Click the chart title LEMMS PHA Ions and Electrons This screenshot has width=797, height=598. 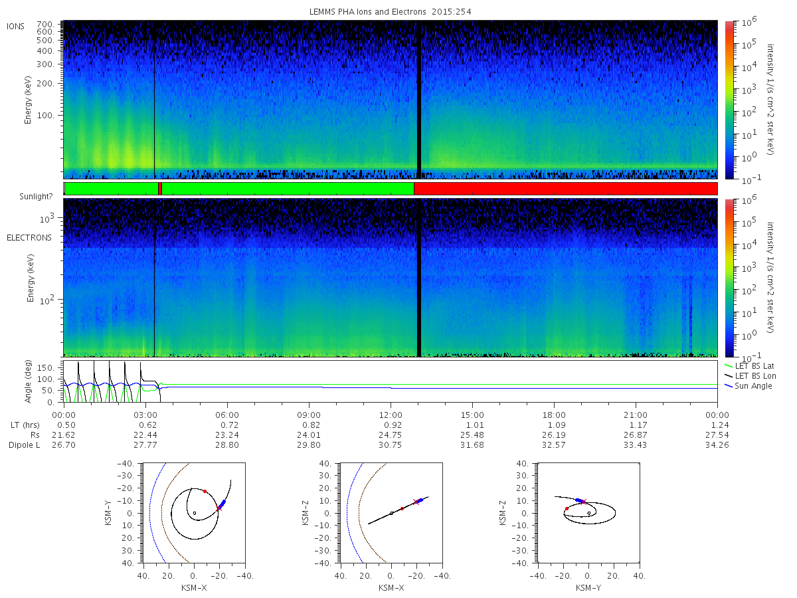pyautogui.click(x=367, y=11)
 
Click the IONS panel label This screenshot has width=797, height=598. pyautogui.click(x=15, y=27)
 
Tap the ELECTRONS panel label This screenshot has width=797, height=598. pyautogui.click(x=29, y=238)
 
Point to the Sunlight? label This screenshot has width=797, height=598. pyautogui.click(x=36, y=197)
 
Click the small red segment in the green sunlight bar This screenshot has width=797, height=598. pyautogui.click(x=160, y=189)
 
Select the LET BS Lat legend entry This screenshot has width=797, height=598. pyautogui.click(x=749, y=366)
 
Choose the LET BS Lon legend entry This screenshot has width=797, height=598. pyautogui.click(x=750, y=376)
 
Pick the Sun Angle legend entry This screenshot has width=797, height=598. pyautogui.click(x=749, y=385)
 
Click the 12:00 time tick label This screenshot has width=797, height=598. pyautogui.click(x=391, y=415)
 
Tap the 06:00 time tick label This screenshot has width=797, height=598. pyautogui.click(x=227, y=415)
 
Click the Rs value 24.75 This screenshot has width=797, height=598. pyautogui.click(x=391, y=435)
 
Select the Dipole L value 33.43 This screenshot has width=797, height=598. pyautogui.click(x=636, y=445)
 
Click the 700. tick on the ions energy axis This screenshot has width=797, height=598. pyautogui.click(x=45, y=25)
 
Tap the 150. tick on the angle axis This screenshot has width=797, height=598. pyautogui.click(x=45, y=368)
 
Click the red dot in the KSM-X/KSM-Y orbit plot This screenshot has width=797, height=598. pyautogui.click(x=205, y=491)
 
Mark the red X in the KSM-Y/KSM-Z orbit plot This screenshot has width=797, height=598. pyautogui.click(x=583, y=502)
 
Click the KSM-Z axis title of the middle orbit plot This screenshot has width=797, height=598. pyautogui.click(x=306, y=513)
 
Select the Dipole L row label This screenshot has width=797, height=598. pyautogui.click(x=24, y=445)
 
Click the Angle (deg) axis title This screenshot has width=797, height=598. pyautogui.click(x=28, y=381)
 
